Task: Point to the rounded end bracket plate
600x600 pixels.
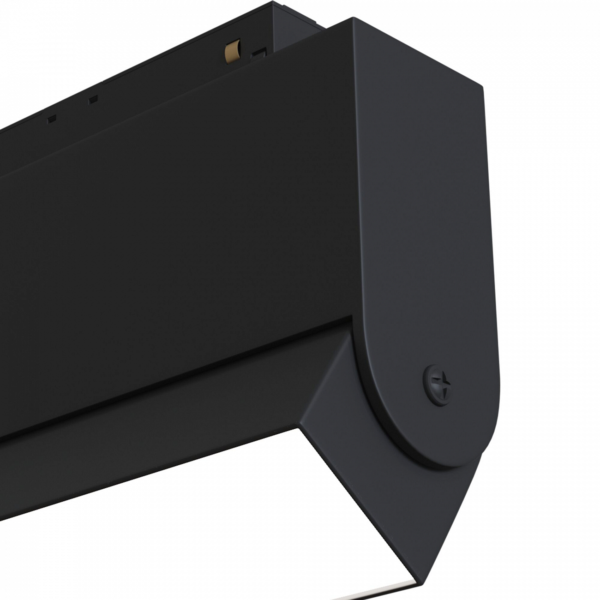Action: coord(415,231)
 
